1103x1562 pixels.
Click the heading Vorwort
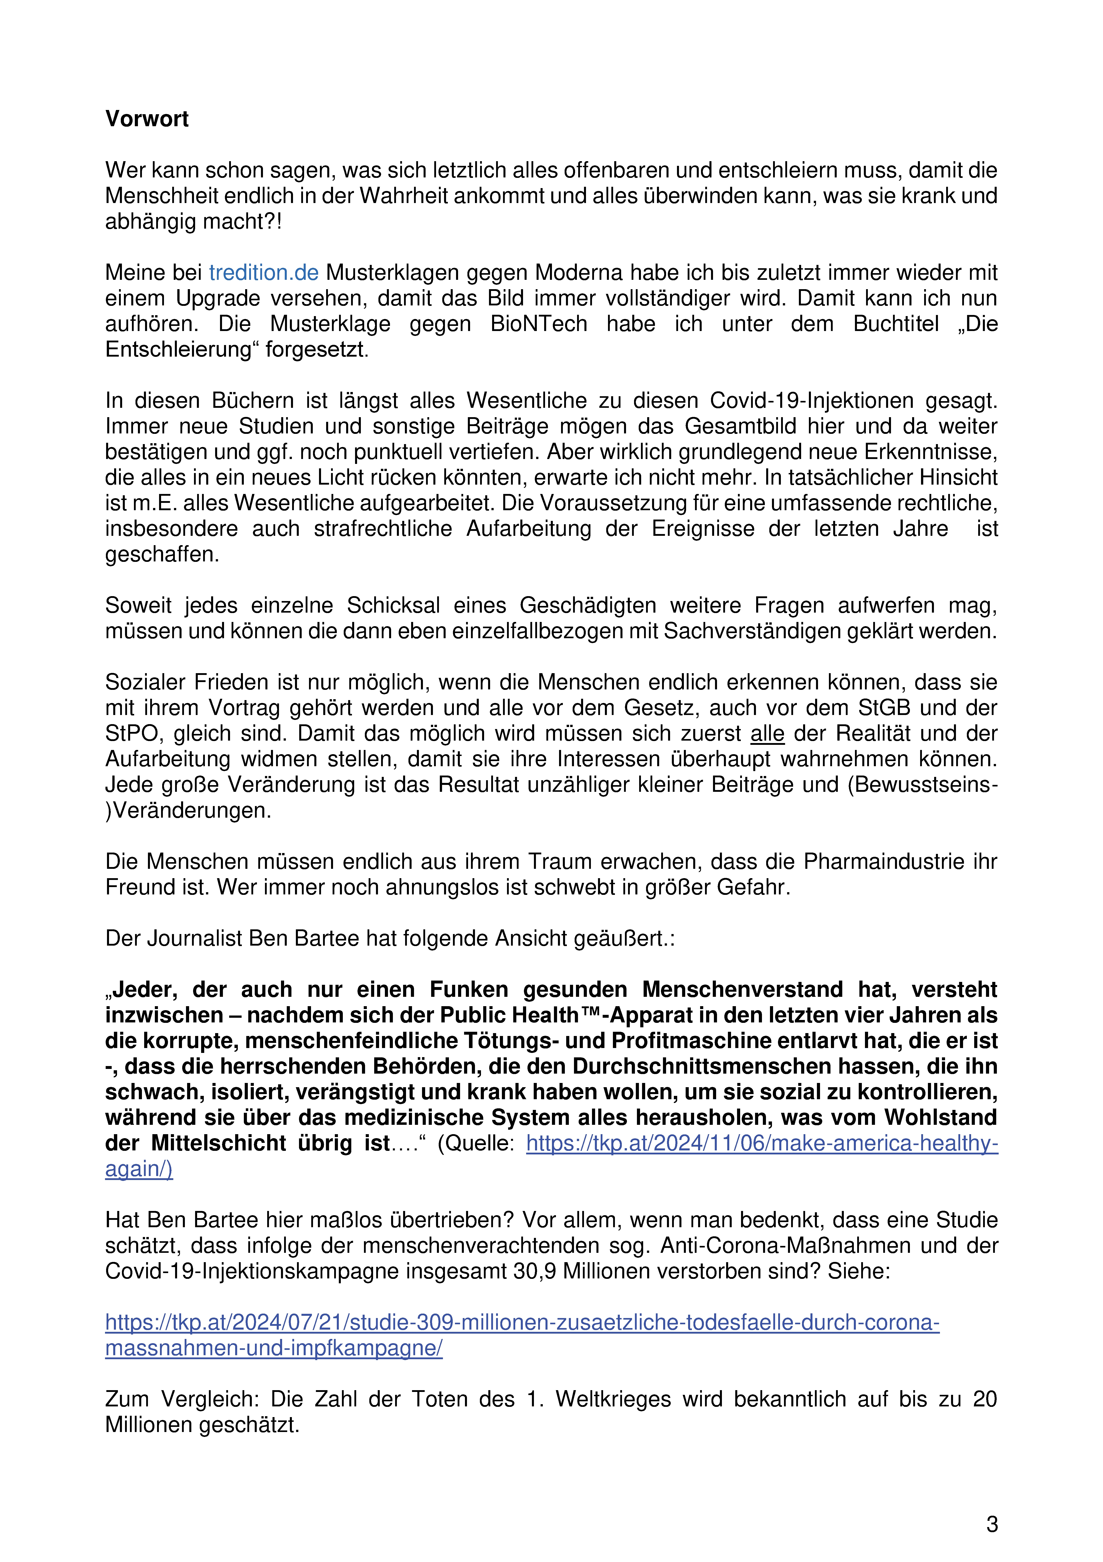click(x=147, y=119)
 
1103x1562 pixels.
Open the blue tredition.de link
click(x=263, y=273)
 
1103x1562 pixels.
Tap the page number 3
click(x=992, y=1525)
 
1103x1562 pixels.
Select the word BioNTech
click(x=539, y=324)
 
